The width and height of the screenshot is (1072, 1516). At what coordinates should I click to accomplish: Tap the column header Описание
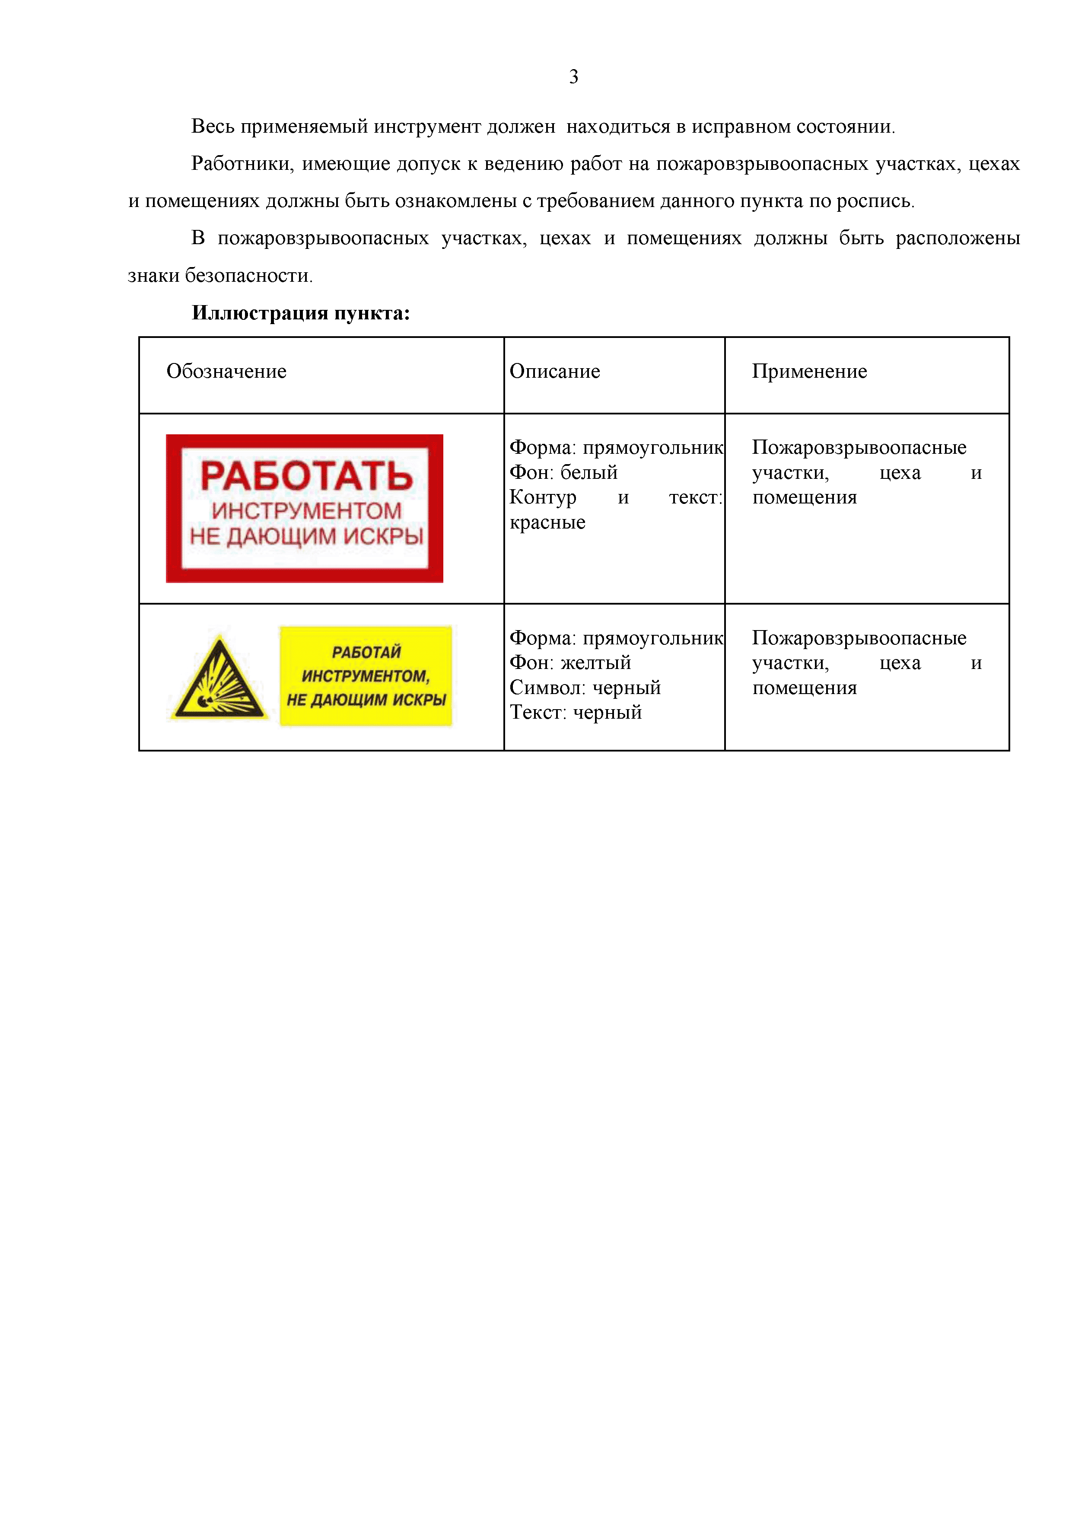[x=554, y=371]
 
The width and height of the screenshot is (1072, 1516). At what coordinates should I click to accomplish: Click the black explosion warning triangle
[x=219, y=680]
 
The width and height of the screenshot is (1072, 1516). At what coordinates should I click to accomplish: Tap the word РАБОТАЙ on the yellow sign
[x=366, y=653]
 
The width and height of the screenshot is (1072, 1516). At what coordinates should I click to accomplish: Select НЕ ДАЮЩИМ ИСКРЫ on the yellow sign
[x=366, y=700]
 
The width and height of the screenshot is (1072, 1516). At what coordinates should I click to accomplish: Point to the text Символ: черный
[x=585, y=688]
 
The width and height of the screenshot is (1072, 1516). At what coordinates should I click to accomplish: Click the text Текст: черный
[x=575, y=713]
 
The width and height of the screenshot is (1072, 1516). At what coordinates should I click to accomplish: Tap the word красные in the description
[x=547, y=522]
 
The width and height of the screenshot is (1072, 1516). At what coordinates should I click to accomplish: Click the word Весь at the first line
[x=213, y=126]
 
